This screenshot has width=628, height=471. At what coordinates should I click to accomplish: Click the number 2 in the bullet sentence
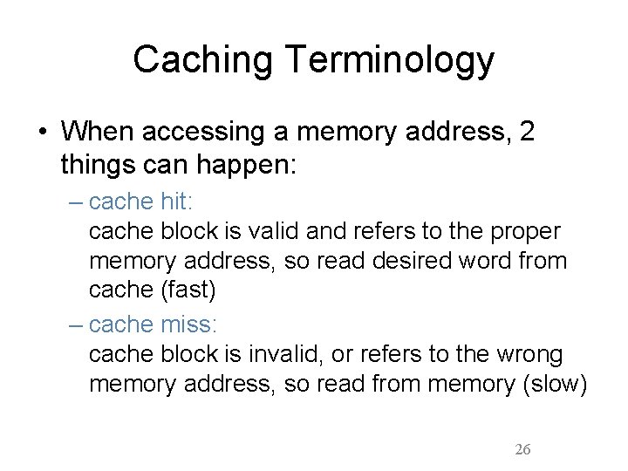point(526,132)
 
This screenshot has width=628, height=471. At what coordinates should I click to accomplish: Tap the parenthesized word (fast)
point(185,290)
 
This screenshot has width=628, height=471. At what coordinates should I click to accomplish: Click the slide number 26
point(522,449)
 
